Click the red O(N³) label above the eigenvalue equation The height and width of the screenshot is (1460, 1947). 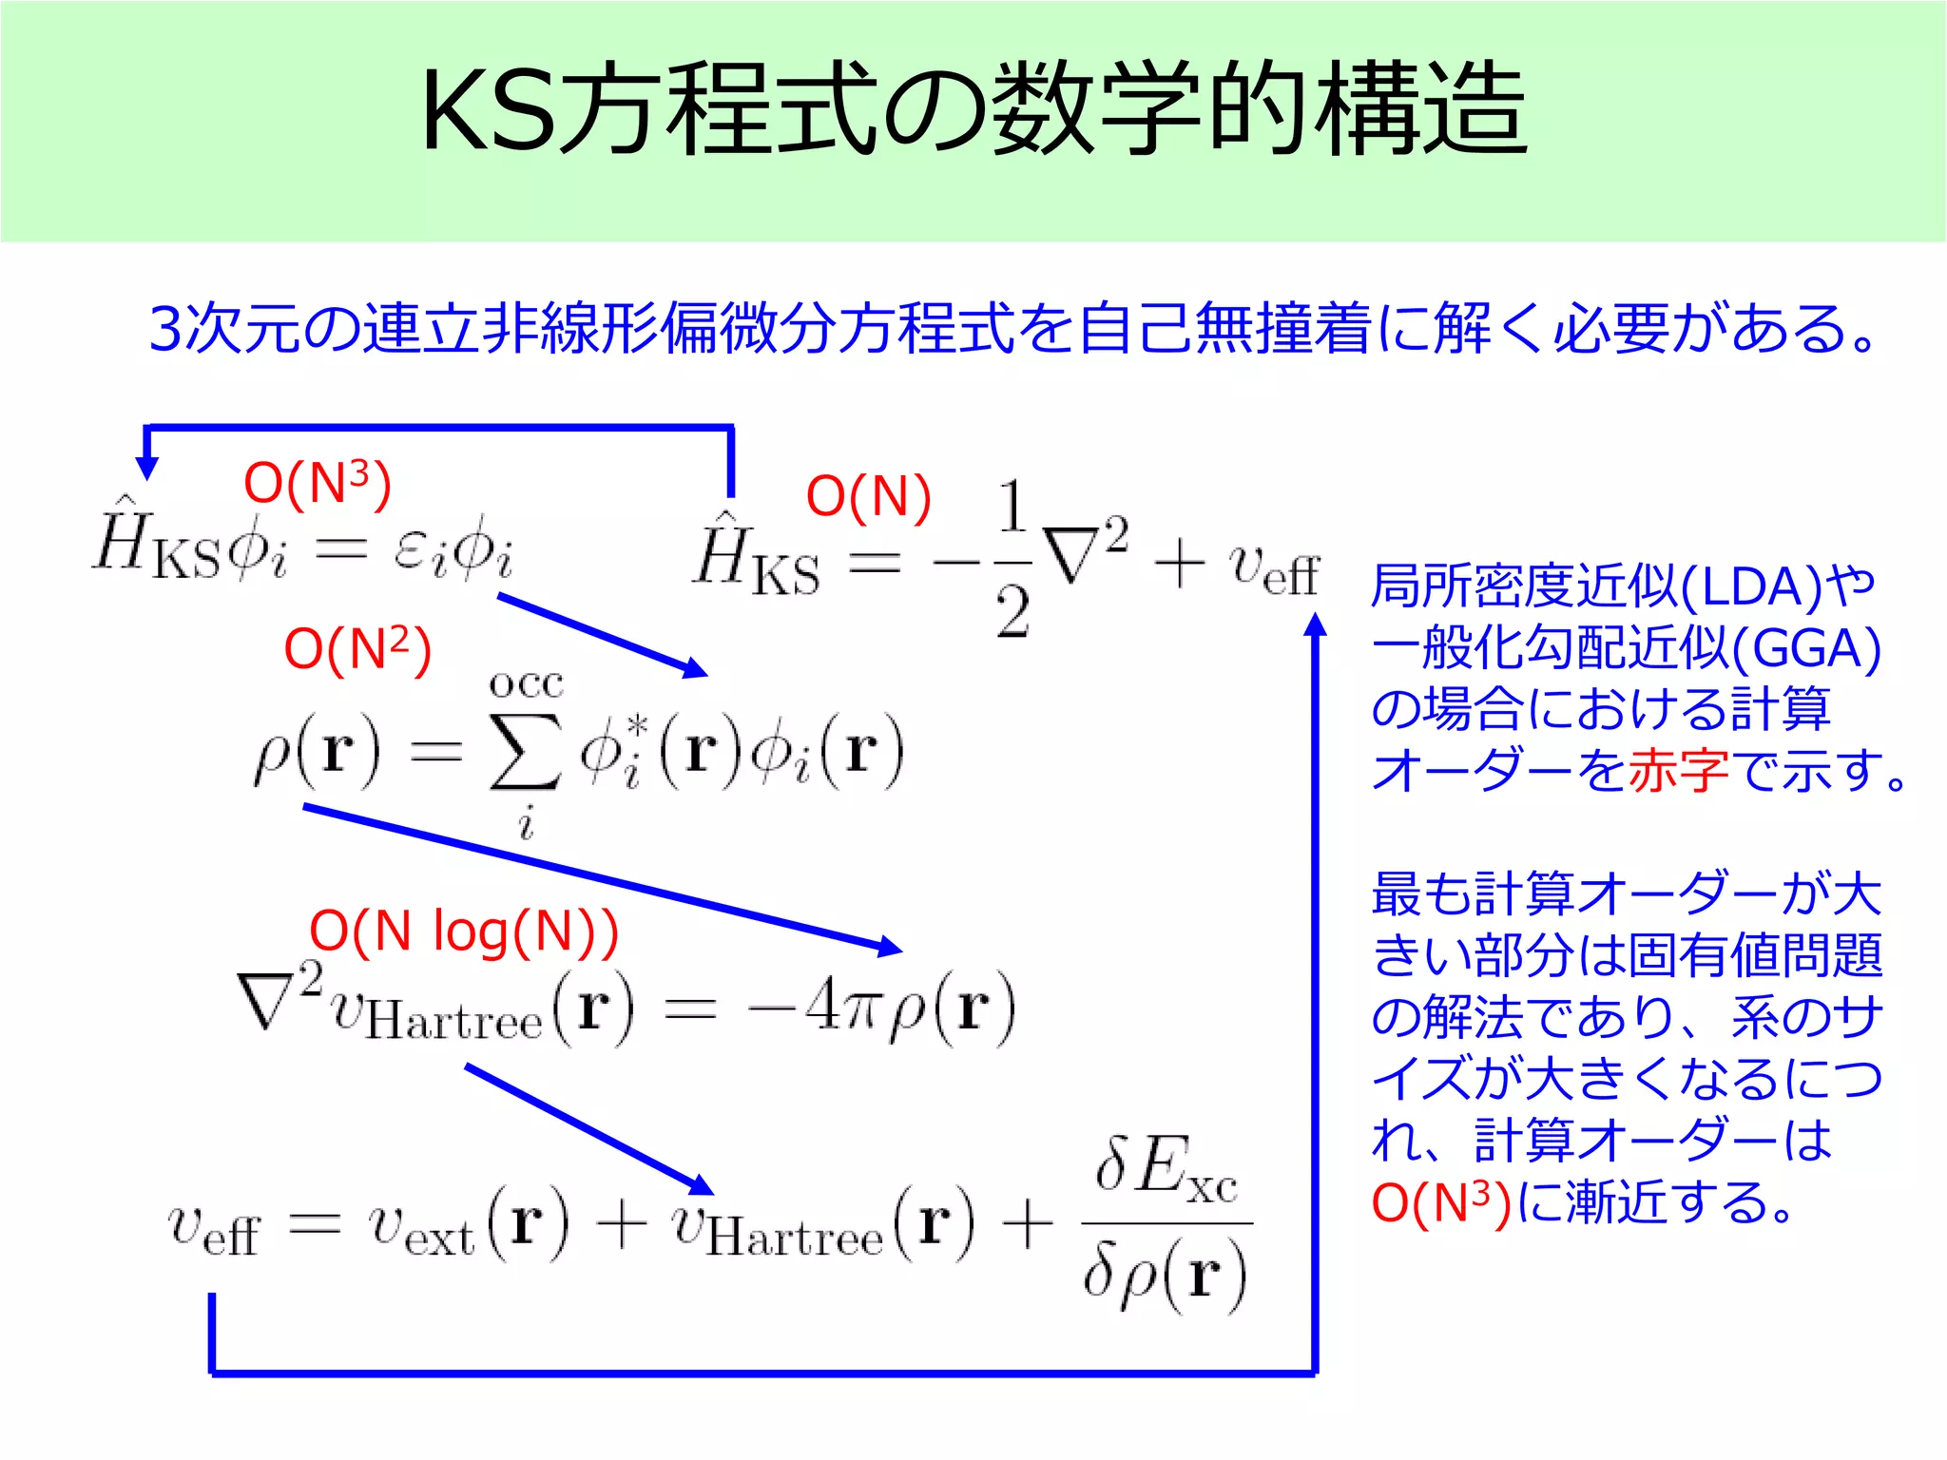pyautogui.click(x=318, y=483)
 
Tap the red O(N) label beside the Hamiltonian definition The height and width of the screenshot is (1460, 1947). pyautogui.click(x=868, y=497)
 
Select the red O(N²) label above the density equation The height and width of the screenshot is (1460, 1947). pyautogui.click(x=357, y=650)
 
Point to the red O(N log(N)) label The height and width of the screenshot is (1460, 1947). pyautogui.click(x=464, y=931)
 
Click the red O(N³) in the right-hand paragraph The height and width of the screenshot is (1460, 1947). pyautogui.click(x=1441, y=1202)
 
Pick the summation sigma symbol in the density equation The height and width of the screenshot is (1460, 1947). pyautogui.click(x=525, y=751)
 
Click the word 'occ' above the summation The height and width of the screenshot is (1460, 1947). pyautogui.click(x=526, y=684)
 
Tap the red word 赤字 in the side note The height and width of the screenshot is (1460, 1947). pyautogui.click(x=1678, y=770)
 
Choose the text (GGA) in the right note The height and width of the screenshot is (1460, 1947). pyautogui.click(x=1806, y=648)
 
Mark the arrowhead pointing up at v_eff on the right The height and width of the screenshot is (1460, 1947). pyautogui.click(x=1315, y=624)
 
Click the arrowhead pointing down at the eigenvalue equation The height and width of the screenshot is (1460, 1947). pyautogui.click(x=146, y=468)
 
